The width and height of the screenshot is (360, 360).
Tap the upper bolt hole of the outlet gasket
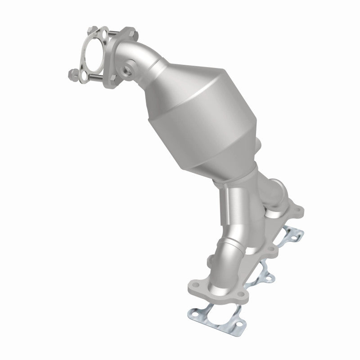pyautogui.click(x=104, y=33)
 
